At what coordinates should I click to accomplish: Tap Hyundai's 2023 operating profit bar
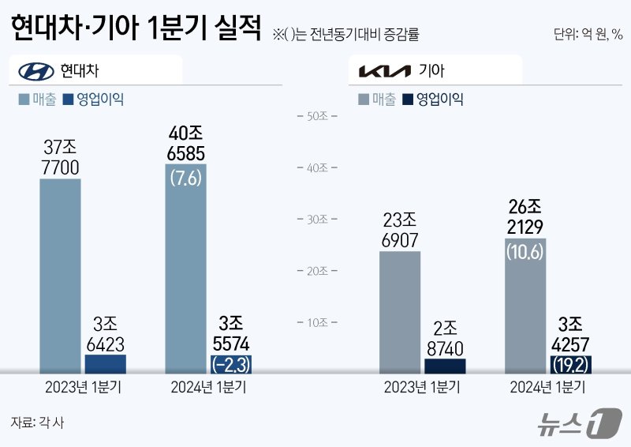coord(105,363)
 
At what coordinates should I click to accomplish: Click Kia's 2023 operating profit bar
coord(445,366)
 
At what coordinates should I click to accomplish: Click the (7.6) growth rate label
coord(185,178)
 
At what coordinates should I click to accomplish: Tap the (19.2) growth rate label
coord(570,365)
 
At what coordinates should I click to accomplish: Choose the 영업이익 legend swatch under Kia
coord(407,100)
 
